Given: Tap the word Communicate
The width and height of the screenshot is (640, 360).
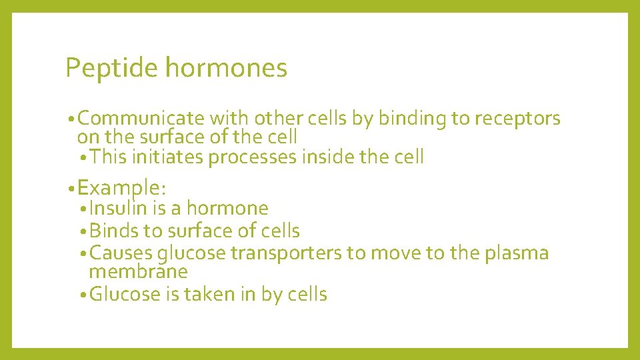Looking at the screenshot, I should (141, 119).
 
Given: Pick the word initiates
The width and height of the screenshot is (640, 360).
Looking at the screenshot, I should (168, 157).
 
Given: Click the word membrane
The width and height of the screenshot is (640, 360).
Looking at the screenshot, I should (138, 271).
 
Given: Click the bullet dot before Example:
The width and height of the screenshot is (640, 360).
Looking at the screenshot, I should (71, 188).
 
